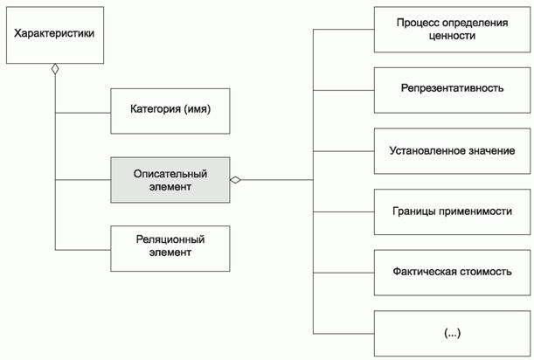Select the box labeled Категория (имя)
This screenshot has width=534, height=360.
170,110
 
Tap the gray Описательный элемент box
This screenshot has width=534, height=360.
170,180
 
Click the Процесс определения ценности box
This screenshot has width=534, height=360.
452,29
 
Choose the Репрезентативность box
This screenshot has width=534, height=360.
452,89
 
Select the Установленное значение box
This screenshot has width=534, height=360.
452,150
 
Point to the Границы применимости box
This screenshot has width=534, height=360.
452,211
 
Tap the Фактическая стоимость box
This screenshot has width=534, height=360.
452,271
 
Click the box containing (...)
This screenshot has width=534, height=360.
452,332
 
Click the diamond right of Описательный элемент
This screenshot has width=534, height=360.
235,180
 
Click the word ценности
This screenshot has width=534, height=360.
452,36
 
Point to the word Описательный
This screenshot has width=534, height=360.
170,173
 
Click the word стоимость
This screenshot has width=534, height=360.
482,271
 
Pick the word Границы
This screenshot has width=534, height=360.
419,211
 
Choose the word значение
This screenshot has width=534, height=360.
489,150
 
